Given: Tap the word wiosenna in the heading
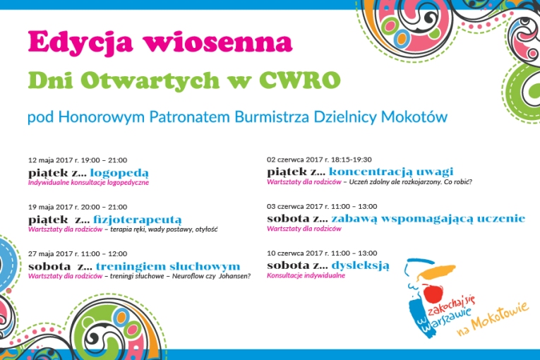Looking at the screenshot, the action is tap(217, 42).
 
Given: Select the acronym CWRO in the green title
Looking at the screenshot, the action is tap(300, 80).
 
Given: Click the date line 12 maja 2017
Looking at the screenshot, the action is tap(78, 160).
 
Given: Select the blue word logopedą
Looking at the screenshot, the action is tap(119, 173).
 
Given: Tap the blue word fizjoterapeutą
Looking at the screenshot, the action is tap(138, 220).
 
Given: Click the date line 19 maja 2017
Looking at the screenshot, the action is tap(78, 207).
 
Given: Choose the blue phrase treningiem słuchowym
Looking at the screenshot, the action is tap(168, 266).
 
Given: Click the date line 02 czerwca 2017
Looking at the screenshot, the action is tap(319, 160).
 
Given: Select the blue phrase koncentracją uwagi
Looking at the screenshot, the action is tap(391, 172).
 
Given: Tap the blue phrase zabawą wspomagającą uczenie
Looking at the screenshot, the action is tap(428, 218).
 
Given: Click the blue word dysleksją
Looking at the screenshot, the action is tap(361, 265).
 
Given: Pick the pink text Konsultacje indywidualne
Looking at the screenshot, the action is tap(306, 275).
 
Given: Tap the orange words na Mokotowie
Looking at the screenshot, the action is tap(493, 318).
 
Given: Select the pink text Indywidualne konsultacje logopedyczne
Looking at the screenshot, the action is tap(88, 183).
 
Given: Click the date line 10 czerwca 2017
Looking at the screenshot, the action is tap(322, 253).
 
